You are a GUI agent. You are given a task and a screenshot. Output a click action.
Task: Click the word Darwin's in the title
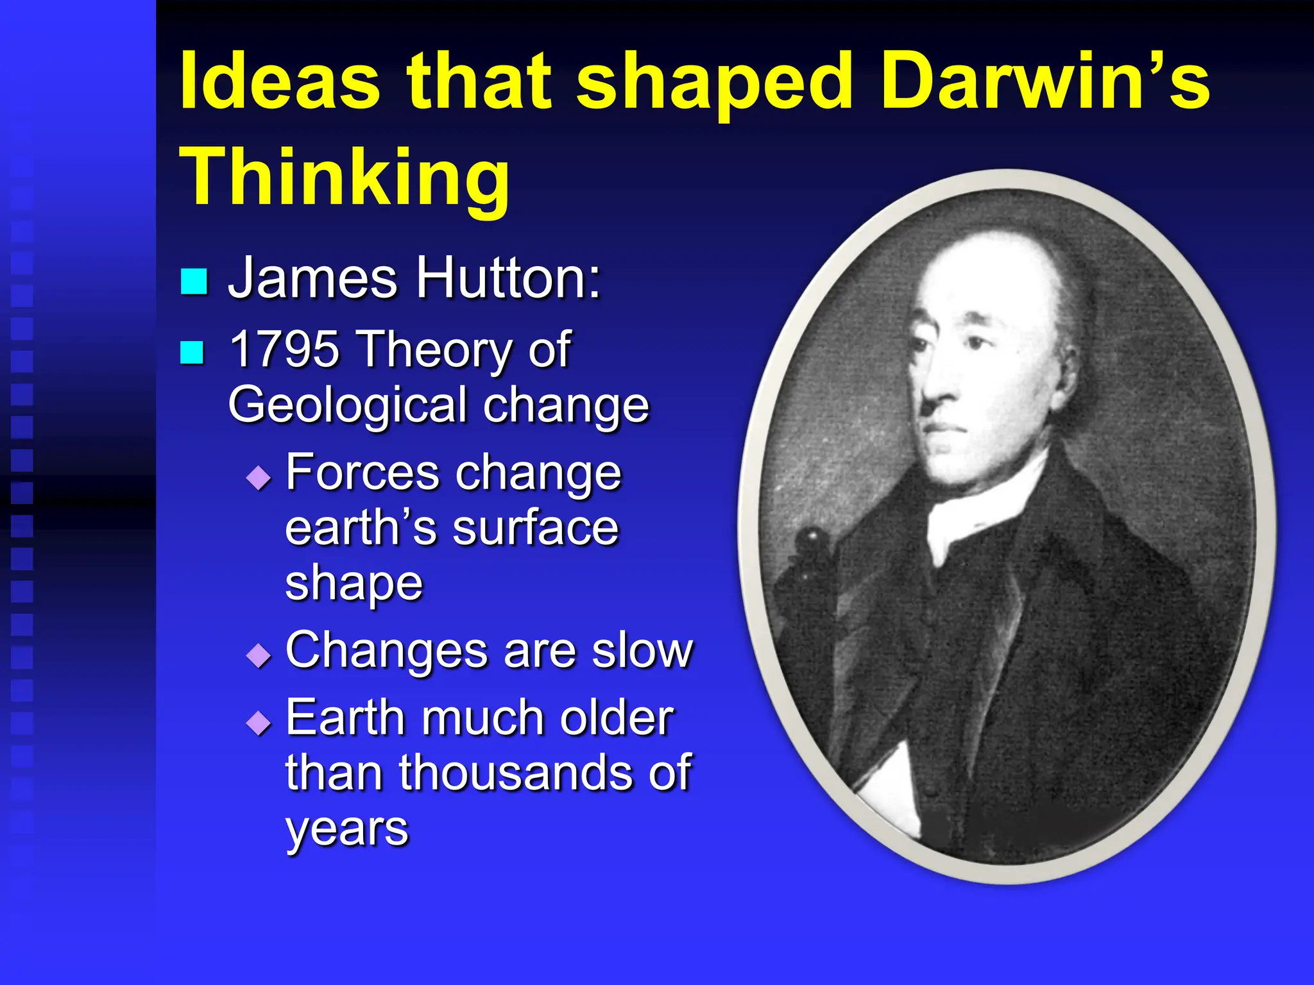pyautogui.click(x=1045, y=83)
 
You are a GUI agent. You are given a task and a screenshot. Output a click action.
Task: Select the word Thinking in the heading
pyautogui.click(x=345, y=176)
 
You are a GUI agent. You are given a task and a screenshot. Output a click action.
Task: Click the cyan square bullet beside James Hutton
pyautogui.click(x=194, y=281)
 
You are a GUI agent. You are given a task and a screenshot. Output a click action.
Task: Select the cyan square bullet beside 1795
pyautogui.click(x=192, y=352)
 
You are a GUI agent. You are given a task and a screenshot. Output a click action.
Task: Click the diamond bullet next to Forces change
pyautogui.click(x=259, y=478)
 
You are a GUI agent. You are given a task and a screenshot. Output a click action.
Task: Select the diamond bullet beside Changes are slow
pyautogui.click(x=259, y=655)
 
